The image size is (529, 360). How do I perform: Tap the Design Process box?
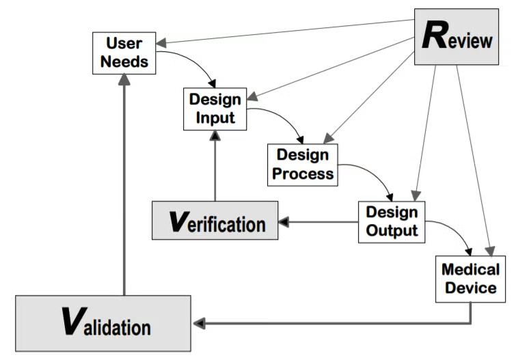coord(303,164)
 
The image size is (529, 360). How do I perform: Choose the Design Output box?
coord(392,221)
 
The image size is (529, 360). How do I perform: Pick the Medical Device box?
coord(470,278)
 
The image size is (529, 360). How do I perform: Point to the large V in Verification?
coord(177,221)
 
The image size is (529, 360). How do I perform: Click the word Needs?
coord(124,61)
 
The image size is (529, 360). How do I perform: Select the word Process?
coord(303,174)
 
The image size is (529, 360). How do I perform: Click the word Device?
coord(470,288)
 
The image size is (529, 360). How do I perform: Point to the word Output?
coord(392,230)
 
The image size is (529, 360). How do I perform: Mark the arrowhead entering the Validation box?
coord(198,322)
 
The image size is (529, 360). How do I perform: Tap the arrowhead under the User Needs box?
coord(124,79)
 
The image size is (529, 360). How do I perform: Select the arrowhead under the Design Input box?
coord(215,136)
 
